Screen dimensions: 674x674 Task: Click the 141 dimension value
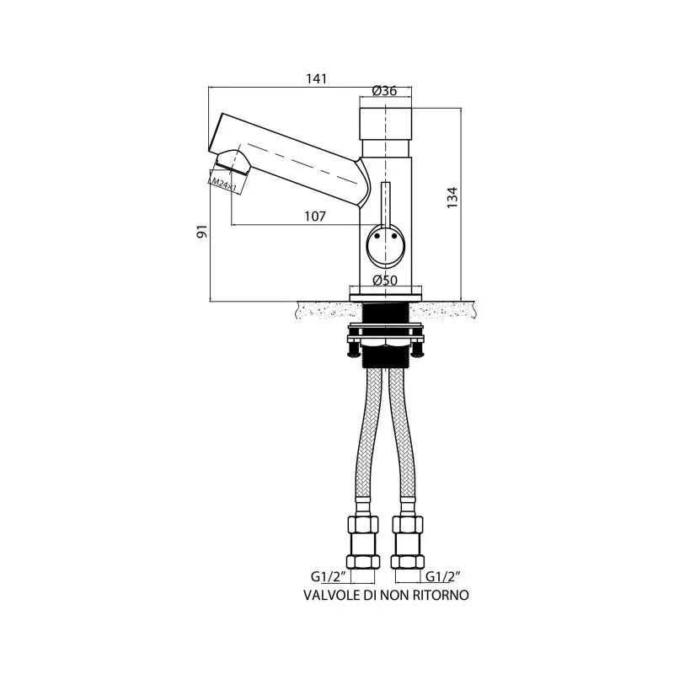click(x=317, y=79)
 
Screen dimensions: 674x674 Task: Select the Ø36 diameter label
click(x=384, y=91)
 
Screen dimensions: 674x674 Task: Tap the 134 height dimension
click(x=452, y=198)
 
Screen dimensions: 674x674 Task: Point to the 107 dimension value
click(x=315, y=217)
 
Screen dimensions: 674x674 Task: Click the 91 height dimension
click(x=202, y=231)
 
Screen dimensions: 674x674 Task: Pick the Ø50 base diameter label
click(x=385, y=281)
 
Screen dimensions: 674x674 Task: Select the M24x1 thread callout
click(x=225, y=185)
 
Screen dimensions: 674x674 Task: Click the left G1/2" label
click(x=326, y=576)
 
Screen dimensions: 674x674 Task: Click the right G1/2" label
click(x=441, y=576)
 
